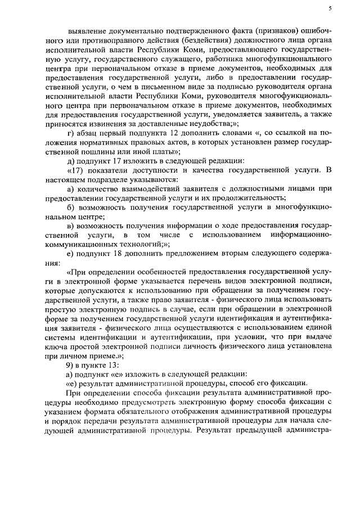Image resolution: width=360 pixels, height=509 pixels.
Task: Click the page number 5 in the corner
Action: coord(330,8)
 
